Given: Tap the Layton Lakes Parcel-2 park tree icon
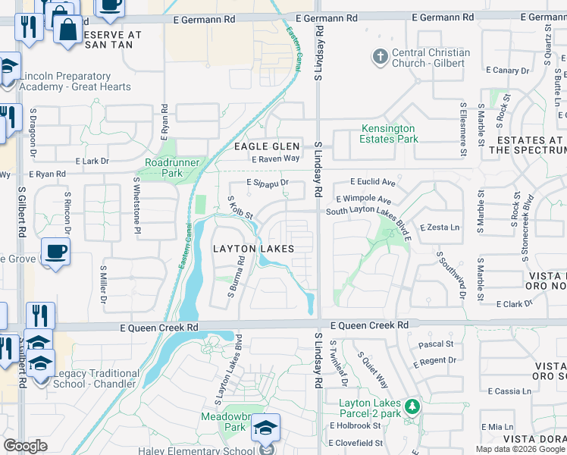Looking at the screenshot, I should click(x=412, y=406).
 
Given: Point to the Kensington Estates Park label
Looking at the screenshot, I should click(x=389, y=134).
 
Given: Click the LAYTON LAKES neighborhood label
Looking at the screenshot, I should click(x=252, y=249).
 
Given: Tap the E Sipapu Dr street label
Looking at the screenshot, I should click(x=268, y=183).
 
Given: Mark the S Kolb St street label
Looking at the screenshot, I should click(x=240, y=208).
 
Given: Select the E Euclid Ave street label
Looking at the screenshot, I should click(x=373, y=183).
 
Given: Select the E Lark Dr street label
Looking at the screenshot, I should click(x=92, y=161).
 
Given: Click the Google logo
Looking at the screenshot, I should click(x=25, y=446).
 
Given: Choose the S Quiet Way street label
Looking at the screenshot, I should click(x=372, y=369).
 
